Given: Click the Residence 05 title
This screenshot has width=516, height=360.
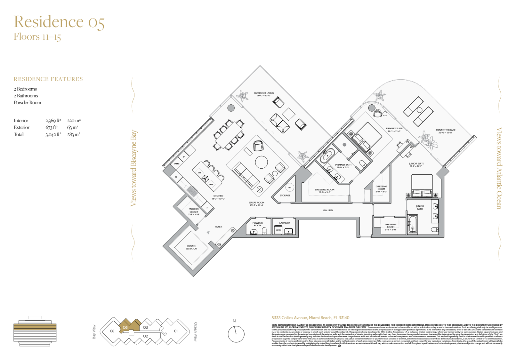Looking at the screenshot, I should [x=59, y=22].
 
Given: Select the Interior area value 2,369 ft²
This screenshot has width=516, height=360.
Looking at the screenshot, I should [x=53, y=121].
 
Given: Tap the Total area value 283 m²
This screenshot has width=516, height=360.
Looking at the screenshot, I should [x=74, y=134].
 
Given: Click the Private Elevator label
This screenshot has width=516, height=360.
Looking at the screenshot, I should [x=191, y=247].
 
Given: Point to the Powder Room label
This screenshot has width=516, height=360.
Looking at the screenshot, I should [x=257, y=224].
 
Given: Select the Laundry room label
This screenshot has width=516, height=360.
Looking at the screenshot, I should [x=284, y=223].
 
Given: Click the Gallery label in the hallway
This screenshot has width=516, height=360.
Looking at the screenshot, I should [x=328, y=210].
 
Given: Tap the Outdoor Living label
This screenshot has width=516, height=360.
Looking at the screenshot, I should [x=264, y=94].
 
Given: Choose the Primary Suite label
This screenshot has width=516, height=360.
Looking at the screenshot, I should [x=394, y=130].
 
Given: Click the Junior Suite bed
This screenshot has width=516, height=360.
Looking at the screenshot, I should [x=422, y=185].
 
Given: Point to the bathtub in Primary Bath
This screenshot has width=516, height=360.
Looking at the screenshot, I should [x=327, y=155].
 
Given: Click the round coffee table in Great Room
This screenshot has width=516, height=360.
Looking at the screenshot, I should [x=261, y=162].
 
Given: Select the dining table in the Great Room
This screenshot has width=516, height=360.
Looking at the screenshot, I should [x=229, y=134].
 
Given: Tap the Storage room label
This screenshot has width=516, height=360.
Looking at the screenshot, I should [x=285, y=195].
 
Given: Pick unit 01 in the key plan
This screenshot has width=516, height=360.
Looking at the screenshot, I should [x=176, y=331].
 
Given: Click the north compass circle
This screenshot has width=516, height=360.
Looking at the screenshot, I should [x=236, y=334].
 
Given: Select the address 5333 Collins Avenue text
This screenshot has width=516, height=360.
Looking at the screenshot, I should [x=310, y=318].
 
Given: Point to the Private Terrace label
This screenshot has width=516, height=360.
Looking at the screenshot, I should [x=445, y=131].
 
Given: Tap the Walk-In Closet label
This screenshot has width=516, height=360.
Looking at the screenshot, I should [x=193, y=212].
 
